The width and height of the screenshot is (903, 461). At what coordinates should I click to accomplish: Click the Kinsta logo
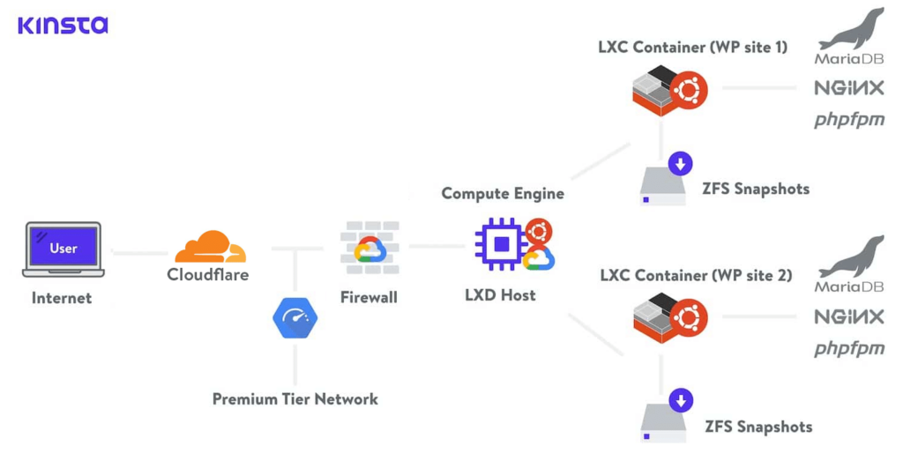[x=63, y=25]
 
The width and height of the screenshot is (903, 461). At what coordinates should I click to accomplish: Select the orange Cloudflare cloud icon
[x=209, y=247]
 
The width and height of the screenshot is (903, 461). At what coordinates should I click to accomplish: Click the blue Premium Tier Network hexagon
[x=295, y=318]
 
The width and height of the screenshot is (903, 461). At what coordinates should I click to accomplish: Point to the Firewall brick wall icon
[x=369, y=248]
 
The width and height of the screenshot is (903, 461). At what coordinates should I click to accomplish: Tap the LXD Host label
[x=500, y=295]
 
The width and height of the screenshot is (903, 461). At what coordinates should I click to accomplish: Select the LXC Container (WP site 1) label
[x=692, y=47]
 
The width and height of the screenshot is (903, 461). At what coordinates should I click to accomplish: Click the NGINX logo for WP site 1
[x=848, y=88]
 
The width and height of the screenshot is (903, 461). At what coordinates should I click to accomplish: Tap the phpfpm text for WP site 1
[x=848, y=120]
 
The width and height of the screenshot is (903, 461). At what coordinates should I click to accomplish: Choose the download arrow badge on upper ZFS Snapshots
[x=680, y=163]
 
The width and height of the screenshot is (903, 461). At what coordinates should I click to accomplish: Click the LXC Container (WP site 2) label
[x=696, y=276]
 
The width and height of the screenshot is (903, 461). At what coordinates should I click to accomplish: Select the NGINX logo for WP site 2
[x=848, y=316]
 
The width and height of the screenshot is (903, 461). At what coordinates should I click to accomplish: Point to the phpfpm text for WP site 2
[x=848, y=349]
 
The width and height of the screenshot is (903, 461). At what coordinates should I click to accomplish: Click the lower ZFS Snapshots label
[x=758, y=427]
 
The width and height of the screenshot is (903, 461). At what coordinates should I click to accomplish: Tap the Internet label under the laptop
[x=62, y=298]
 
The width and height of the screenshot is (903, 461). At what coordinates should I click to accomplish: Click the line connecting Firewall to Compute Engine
[x=437, y=246]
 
